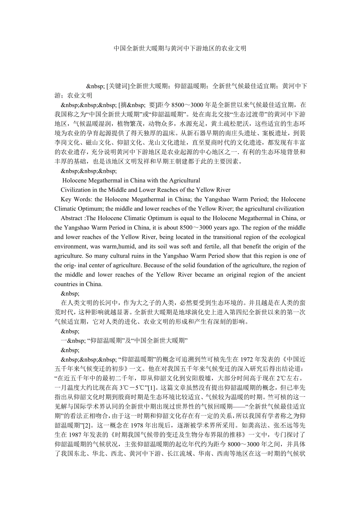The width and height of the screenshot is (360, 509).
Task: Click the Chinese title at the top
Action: [x=180, y=48]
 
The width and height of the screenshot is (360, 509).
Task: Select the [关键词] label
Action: [x=118, y=86]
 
